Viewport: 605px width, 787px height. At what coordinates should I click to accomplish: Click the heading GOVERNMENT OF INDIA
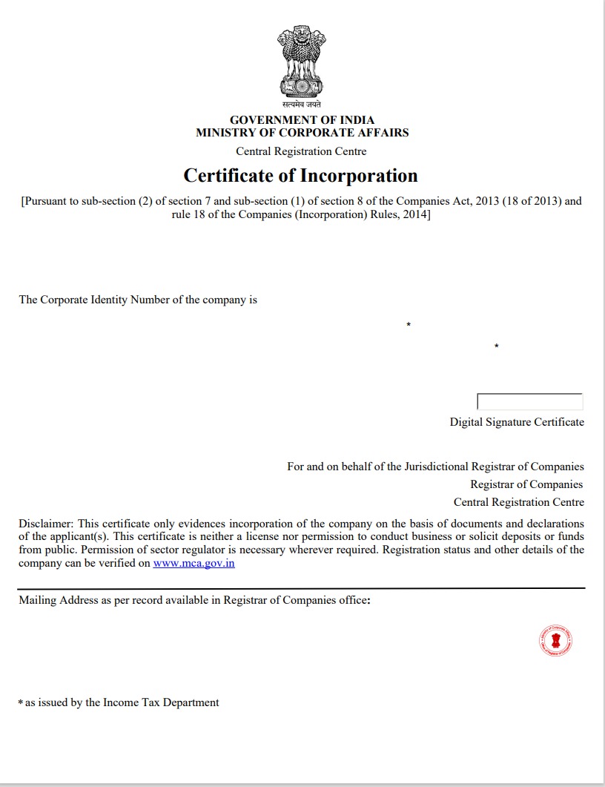coord(302,120)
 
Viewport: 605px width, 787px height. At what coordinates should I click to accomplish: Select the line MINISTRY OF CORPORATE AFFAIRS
coord(302,133)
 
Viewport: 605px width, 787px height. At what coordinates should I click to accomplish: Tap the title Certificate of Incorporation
coord(301,176)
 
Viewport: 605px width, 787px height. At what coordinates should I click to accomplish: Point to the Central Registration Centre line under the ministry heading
coord(301,151)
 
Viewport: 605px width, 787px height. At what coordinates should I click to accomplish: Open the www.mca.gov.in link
coord(194,564)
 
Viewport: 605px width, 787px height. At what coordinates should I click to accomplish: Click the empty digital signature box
coord(529,402)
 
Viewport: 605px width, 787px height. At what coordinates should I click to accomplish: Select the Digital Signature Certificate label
coord(517,422)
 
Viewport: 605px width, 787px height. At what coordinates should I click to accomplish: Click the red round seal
coord(555,640)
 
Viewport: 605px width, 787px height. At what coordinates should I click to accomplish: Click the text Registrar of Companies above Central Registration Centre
coord(526,484)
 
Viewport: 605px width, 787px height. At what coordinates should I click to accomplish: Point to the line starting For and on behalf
coord(435,467)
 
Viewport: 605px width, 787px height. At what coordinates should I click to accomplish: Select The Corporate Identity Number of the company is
coord(138,300)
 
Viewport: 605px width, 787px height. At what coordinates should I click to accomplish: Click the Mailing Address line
coord(194,600)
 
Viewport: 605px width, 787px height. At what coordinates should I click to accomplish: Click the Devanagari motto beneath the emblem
coord(302,105)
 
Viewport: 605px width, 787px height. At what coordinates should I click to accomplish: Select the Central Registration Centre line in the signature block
coord(518,502)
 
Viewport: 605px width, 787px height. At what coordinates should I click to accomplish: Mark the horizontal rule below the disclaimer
coord(302,588)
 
